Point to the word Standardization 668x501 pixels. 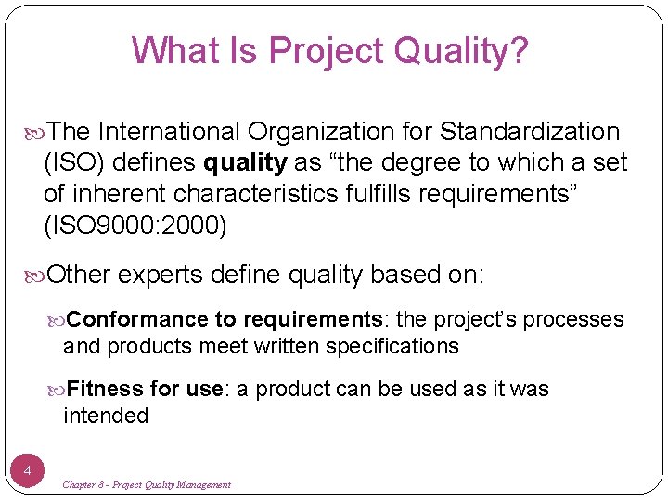(x=530, y=132)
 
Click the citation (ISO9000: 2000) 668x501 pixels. (x=135, y=226)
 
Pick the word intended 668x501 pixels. (x=106, y=416)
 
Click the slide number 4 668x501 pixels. (x=28, y=471)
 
